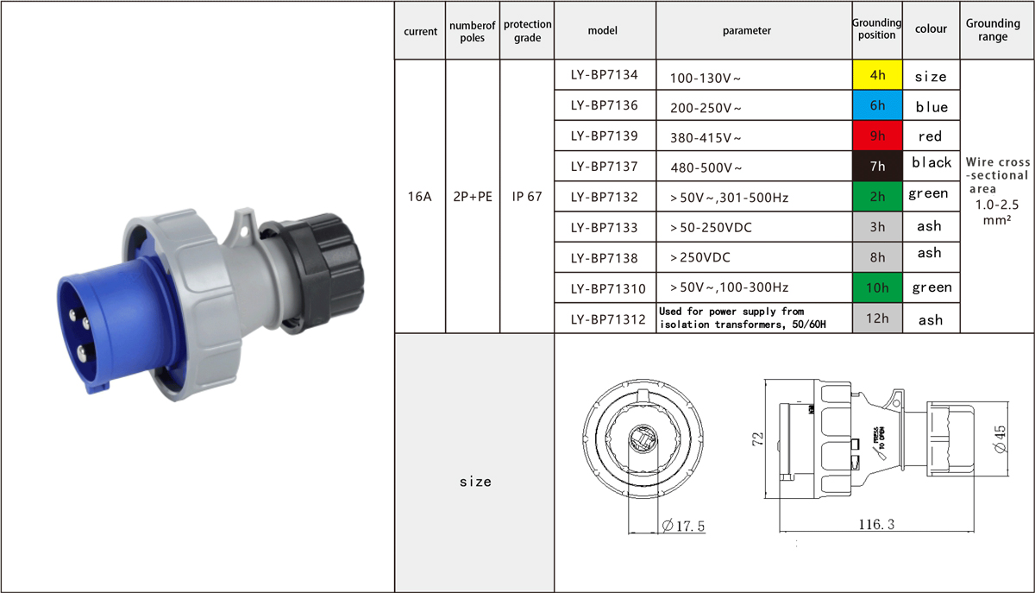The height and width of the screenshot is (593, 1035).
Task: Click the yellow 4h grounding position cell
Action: (877, 75)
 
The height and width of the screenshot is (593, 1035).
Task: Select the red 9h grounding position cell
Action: (877, 136)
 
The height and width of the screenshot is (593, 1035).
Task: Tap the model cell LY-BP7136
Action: (605, 105)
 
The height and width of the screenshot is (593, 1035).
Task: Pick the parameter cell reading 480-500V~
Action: (754, 166)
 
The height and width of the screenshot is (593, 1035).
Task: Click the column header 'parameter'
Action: (747, 30)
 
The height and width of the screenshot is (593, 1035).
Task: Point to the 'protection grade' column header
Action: (527, 30)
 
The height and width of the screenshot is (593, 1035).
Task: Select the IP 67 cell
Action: (527, 197)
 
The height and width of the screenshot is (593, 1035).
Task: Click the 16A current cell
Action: (419, 197)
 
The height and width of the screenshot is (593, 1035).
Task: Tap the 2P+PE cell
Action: (473, 197)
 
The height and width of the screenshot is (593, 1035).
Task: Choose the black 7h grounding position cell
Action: (877, 166)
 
